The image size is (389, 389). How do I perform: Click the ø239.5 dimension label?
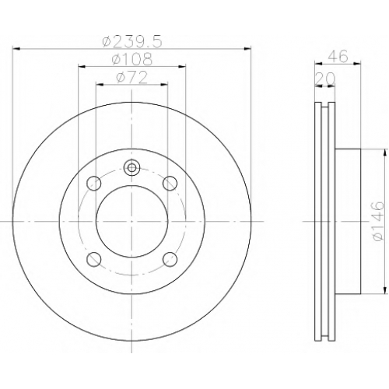pos(132,42)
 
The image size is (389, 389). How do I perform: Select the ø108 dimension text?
pos(132,59)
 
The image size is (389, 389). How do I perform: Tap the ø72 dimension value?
pos(132,77)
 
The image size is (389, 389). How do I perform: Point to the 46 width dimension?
pos(338,56)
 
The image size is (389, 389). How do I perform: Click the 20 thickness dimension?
pos(325,79)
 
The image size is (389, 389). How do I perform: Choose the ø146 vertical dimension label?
pos(377,221)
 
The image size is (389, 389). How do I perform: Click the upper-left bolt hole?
pos(93,184)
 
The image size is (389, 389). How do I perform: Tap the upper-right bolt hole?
pos(170,184)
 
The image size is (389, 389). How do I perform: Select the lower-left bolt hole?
pos(93,259)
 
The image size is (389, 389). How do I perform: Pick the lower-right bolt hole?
pos(170,259)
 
